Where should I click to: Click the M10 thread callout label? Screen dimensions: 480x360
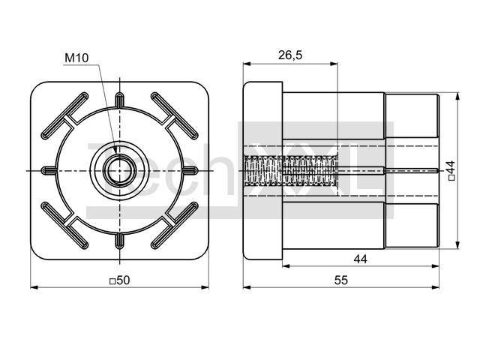[x=76, y=58]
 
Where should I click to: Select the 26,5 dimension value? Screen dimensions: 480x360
[x=290, y=55]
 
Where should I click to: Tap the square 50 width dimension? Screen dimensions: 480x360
[x=120, y=280]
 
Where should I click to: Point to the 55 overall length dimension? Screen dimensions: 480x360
[x=341, y=280]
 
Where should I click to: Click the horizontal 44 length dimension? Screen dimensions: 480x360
[x=360, y=259]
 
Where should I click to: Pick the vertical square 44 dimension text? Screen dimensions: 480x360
[x=451, y=170]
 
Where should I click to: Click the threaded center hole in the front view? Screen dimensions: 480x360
[x=120, y=170]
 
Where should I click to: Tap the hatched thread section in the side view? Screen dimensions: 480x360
[x=291, y=170]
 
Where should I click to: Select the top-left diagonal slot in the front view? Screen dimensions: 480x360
[x=65, y=115]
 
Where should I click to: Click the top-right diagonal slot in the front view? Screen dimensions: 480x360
[x=175, y=115]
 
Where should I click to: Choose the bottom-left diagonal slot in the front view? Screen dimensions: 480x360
[x=65, y=225]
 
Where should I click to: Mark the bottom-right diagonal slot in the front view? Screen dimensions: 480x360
[x=175, y=225]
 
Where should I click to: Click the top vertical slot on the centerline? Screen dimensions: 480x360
[x=120, y=100]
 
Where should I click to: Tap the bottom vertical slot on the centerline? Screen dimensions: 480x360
[x=120, y=241]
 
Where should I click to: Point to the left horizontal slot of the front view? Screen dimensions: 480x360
[x=49, y=170]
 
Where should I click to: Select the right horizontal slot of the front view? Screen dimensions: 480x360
[x=190, y=170]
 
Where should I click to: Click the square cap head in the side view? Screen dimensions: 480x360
[x=262, y=170]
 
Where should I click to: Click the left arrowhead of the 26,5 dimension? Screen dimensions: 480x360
[x=247, y=64]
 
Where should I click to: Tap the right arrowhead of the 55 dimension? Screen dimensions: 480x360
[x=435, y=287]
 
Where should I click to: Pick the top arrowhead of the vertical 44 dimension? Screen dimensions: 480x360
[x=457, y=97]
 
